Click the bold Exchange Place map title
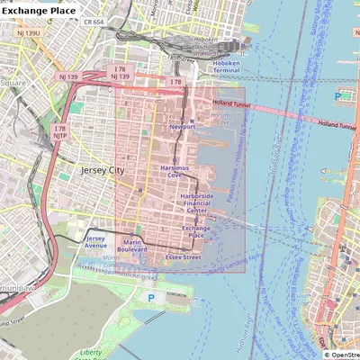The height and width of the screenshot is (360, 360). pos(40,11)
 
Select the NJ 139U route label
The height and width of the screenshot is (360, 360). pos(28,33)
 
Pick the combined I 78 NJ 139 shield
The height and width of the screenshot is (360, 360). pos(120,73)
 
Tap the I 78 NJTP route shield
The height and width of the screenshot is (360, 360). pos(60,133)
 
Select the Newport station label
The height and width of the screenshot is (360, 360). pos(182,127)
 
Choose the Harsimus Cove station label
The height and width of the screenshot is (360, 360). pos(175,170)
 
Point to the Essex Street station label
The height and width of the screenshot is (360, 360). pos(183,256)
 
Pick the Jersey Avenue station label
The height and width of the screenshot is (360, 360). pos(95,242)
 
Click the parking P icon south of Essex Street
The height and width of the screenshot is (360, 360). pos(150,297)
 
